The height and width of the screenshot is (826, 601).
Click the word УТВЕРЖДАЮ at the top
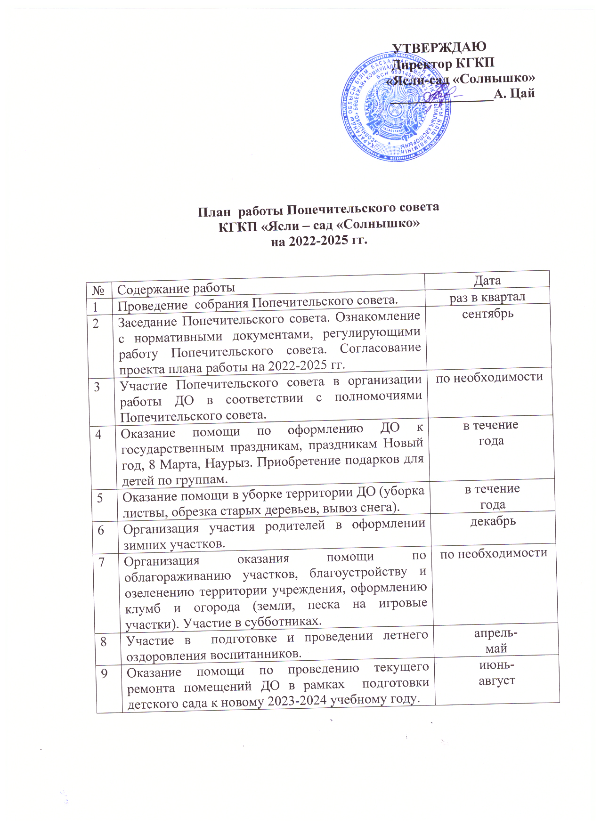tap(439, 47)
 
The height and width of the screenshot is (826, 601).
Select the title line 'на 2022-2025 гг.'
tap(318, 241)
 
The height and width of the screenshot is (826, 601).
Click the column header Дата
tap(487, 281)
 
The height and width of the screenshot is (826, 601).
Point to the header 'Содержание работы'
tap(176, 288)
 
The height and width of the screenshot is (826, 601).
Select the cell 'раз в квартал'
tap(487, 297)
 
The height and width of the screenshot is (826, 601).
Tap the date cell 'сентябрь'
tap(487, 314)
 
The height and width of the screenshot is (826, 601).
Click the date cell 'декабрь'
tap(493, 521)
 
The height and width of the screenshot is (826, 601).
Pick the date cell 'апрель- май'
tap(495, 640)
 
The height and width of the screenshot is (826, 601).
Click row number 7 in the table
tap(102, 561)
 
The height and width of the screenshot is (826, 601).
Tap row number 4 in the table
tap(98, 434)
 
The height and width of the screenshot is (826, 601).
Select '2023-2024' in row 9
tap(298, 700)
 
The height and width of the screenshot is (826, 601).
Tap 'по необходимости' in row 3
tap(489, 377)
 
